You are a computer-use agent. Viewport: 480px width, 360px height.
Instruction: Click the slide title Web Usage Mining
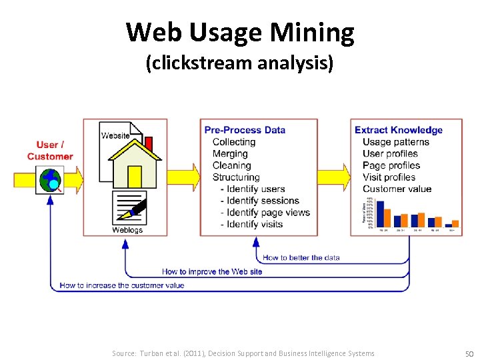pyautogui.click(x=240, y=31)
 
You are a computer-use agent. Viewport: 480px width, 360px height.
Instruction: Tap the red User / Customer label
pyautogui.click(x=50, y=151)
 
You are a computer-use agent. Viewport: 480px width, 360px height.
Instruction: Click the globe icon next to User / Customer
pyautogui.click(x=50, y=179)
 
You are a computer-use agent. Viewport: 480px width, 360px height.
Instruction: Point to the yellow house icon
pyautogui.click(x=135, y=163)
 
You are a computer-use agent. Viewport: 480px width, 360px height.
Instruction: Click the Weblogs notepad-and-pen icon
pyautogui.click(x=129, y=209)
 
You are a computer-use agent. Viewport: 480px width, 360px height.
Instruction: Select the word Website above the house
pyautogui.click(x=115, y=135)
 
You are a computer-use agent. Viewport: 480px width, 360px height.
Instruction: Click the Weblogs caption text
pyautogui.click(x=127, y=230)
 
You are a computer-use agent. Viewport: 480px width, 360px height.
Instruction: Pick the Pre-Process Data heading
pyautogui.click(x=245, y=130)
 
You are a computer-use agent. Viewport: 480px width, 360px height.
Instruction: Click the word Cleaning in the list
pyautogui.click(x=231, y=165)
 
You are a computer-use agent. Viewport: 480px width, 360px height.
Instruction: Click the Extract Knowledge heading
pyautogui.click(x=399, y=130)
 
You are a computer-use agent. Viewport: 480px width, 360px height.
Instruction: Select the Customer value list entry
pyautogui.click(x=397, y=189)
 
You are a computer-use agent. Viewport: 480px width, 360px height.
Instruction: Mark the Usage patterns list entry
pyautogui.click(x=396, y=142)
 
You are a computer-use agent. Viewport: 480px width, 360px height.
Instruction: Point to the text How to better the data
pyautogui.click(x=301, y=257)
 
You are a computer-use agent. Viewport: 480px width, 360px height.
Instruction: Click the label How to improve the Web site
pyautogui.click(x=212, y=271)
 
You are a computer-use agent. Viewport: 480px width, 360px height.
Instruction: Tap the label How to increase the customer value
pyautogui.click(x=121, y=285)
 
